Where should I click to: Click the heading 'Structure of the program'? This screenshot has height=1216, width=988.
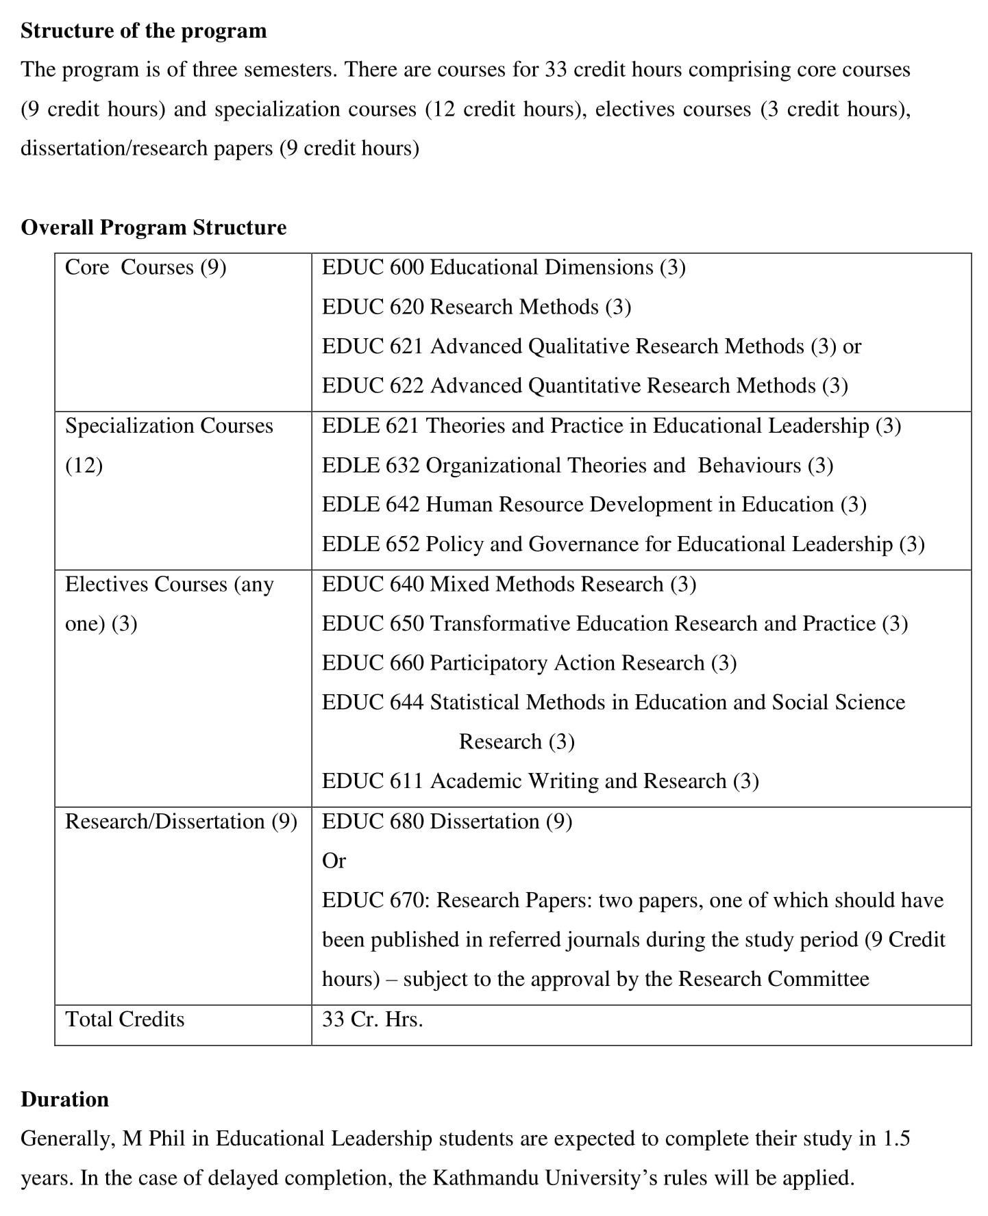tap(143, 31)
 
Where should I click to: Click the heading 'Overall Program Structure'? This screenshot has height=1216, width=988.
tap(153, 227)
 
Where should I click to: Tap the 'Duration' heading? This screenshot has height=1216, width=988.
tap(64, 1099)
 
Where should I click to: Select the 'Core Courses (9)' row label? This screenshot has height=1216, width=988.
tap(145, 267)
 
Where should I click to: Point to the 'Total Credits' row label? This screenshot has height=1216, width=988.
tap(125, 1019)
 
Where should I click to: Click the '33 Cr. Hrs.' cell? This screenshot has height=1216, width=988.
tap(372, 1019)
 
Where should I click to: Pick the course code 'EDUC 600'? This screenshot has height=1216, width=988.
tap(373, 267)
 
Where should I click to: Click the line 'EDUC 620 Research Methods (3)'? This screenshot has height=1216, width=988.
tap(476, 307)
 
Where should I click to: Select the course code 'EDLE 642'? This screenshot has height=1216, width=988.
tap(371, 505)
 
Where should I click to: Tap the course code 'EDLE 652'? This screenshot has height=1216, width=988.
tap(371, 544)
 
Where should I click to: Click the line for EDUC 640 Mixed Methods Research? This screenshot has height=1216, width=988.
tap(508, 584)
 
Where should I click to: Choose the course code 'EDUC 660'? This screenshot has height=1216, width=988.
tap(373, 663)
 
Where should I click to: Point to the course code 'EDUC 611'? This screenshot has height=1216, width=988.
tap(373, 781)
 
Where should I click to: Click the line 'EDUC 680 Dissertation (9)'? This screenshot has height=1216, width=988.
tap(447, 821)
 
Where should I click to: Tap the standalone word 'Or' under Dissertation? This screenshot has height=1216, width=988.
tap(334, 861)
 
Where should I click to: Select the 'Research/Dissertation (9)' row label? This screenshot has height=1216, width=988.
tap(181, 821)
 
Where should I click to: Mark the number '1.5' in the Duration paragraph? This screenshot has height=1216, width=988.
tap(896, 1138)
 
